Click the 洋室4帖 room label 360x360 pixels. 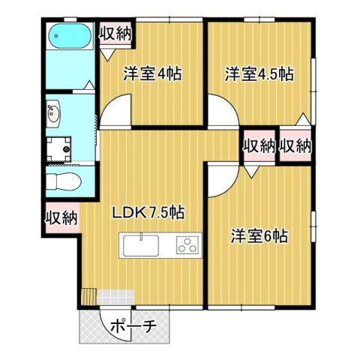point(153,75)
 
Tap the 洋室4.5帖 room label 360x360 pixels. point(259,75)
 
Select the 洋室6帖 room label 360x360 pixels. point(259,235)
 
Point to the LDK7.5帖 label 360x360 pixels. point(148,213)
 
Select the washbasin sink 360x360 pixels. point(55,115)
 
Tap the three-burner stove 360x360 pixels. point(187,244)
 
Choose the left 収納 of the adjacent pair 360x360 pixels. point(258,146)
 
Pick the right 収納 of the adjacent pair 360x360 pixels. point(295,146)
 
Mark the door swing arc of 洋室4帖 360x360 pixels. point(116,113)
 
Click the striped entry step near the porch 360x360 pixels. point(90,297)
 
